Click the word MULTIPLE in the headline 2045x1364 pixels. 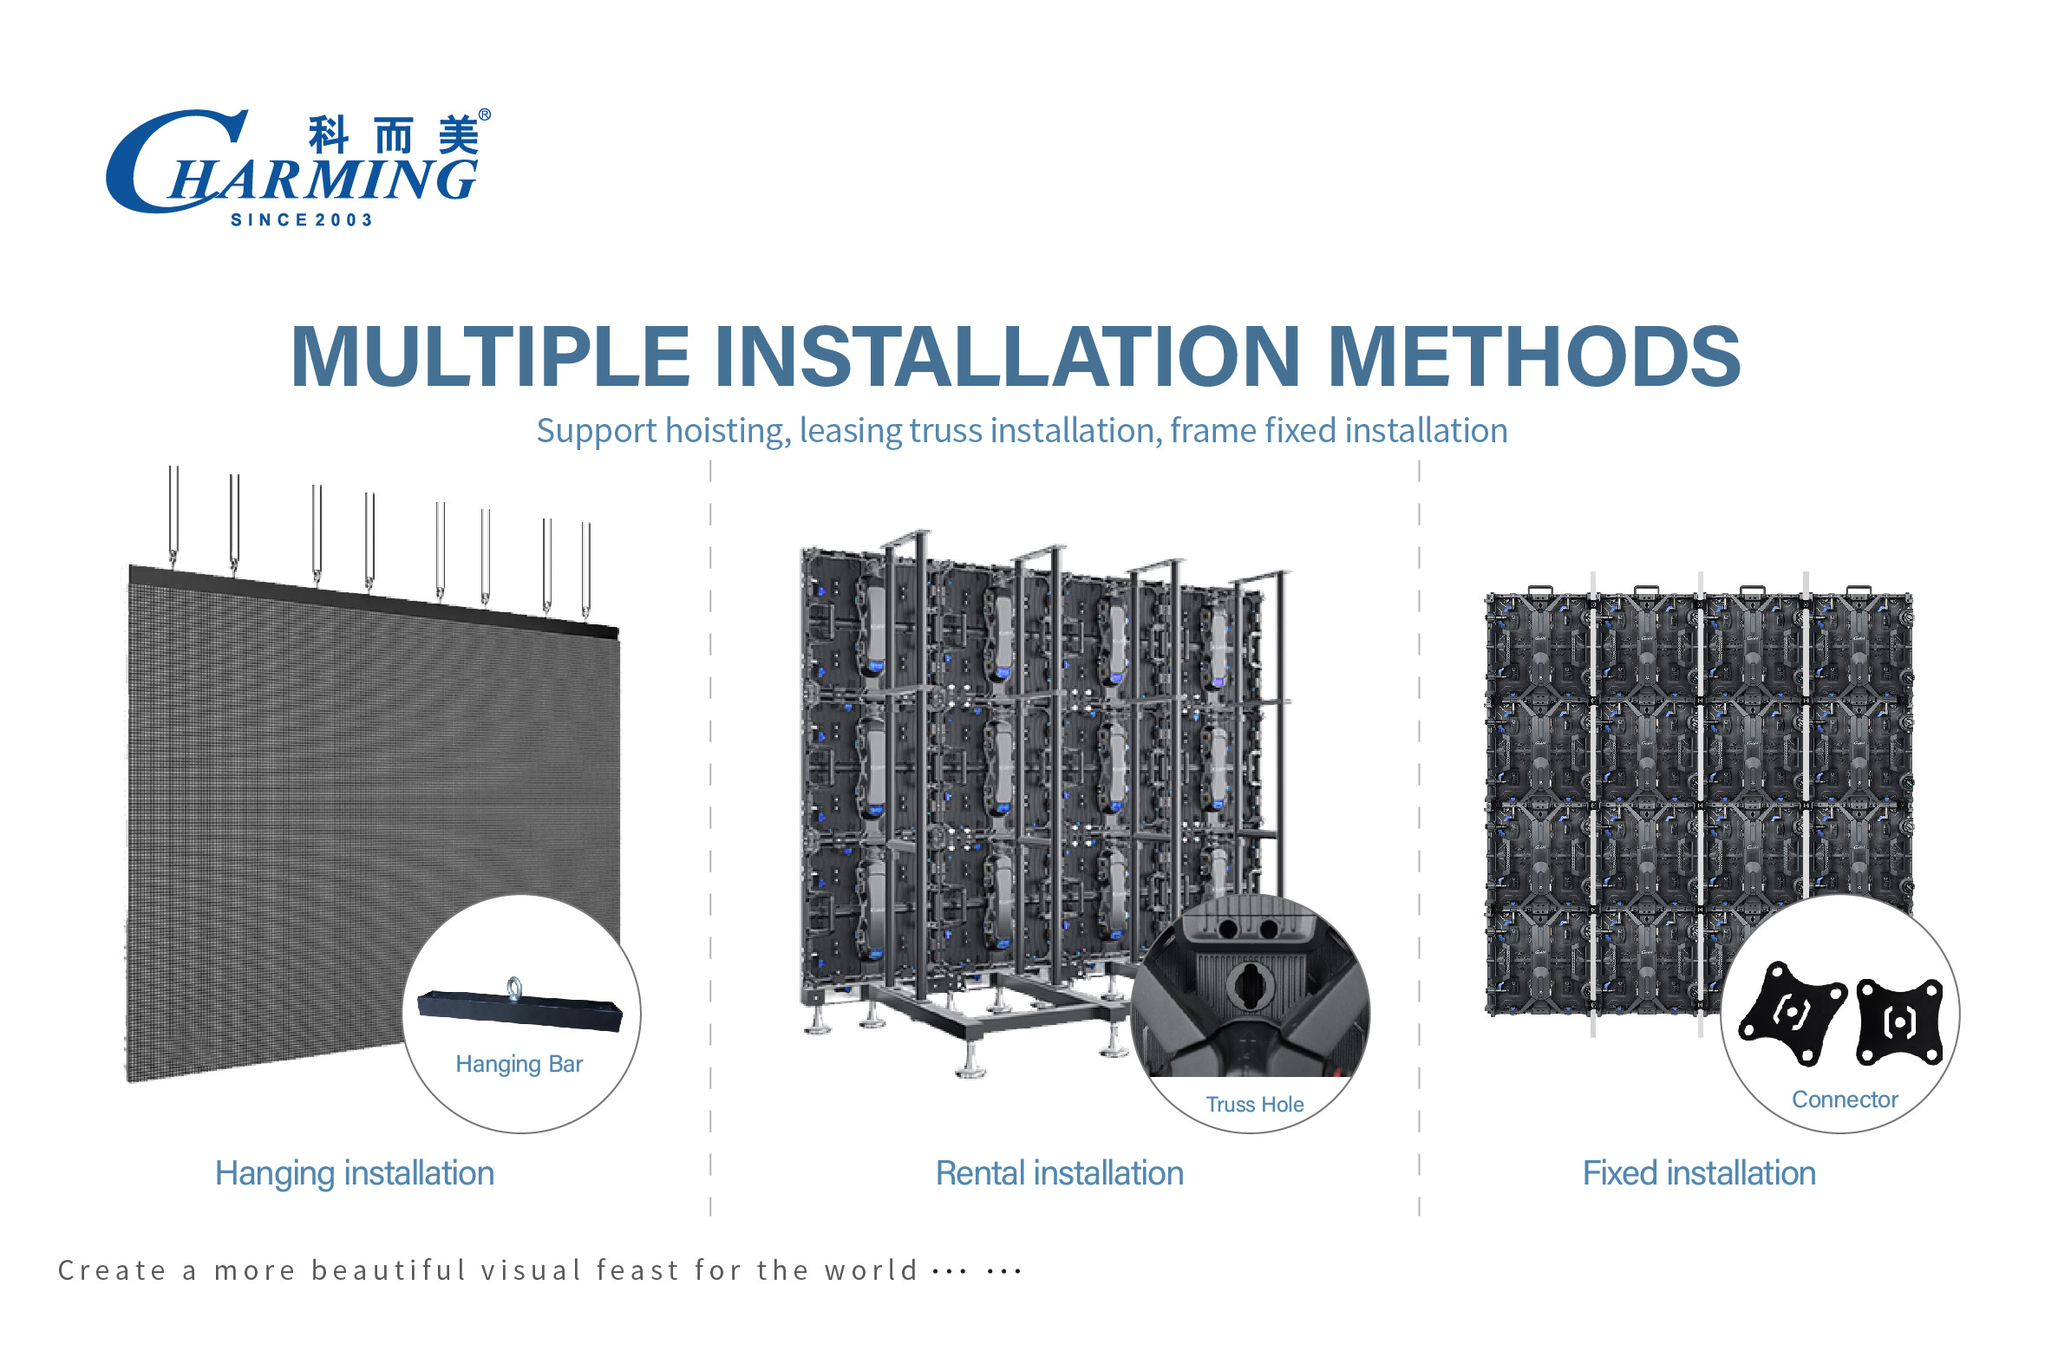pyautogui.click(x=491, y=356)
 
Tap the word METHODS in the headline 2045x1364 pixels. pyautogui.click(x=1534, y=356)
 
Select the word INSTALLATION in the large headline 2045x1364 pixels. pyautogui.click(x=1007, y=356)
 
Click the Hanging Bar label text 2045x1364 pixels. pyautogui.click(x=519, y=1064)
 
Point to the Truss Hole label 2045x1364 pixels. pyautogui.click(x=1254, y=1104)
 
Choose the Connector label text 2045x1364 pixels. pyautogui.click(x=1844, y=1100)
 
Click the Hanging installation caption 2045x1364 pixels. pyautogui.click(x=355, y=1173)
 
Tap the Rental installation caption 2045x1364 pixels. pyautogui.click(x=1060, y=1173)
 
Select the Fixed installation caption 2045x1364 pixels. pyautogui.click(x=1699, y=1173)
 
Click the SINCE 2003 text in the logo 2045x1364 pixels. pyautogui.click(x=302, y=220)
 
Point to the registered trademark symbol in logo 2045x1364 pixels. pyautogui.click(x=485, y=114)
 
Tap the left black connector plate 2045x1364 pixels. pyautogui.click(x=1793, y=1014)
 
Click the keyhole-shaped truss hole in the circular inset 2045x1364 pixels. pyautogui.click(x=1250, y=987)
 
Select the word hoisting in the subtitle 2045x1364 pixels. pyautogui.click(x=728, y=431)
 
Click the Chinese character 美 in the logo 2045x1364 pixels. pyautogui.click(x=459, y=134)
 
